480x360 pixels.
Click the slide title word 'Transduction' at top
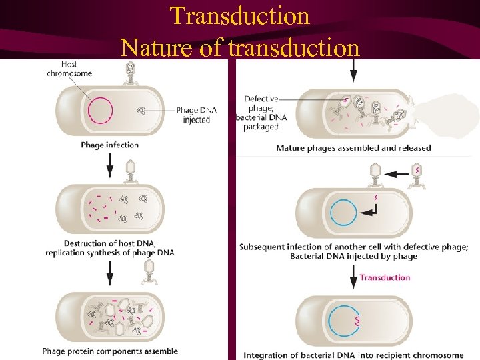(239, 15)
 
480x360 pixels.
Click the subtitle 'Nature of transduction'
(239, 47)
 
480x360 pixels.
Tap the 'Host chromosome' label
(69, 69)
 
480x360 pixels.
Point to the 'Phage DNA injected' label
(197, 115)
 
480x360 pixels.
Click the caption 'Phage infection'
(110, 145)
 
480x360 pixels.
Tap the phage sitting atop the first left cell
(131, 73)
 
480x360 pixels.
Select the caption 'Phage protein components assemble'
(110, 351)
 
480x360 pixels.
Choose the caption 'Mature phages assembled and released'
(353, 147)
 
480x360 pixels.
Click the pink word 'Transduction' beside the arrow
(385, 277)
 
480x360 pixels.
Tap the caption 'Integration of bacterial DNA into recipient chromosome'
(353, 355)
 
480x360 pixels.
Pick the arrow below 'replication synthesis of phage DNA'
(110, 271)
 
